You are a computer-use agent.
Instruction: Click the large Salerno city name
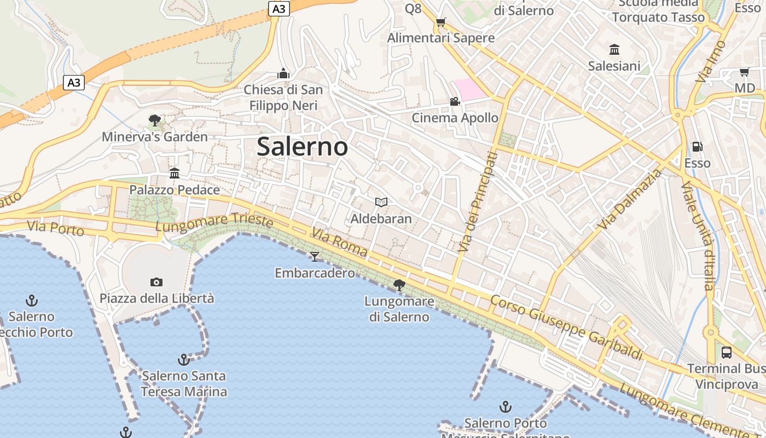(302, 147)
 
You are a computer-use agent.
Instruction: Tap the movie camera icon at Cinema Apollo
(455, 101)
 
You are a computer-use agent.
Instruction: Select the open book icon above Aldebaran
(381, 202)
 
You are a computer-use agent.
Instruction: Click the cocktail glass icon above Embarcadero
(315, 256)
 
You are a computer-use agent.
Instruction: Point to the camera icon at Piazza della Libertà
(156, 282)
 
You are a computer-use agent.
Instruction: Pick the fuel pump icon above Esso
(697, 147)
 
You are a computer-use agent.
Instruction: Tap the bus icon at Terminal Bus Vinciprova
(727, 353)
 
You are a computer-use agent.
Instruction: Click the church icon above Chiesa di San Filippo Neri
(283, 73)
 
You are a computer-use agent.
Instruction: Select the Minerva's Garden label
(155, 137)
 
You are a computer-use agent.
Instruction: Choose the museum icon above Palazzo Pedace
(175, 174)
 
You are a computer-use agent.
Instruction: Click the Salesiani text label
(614, 66)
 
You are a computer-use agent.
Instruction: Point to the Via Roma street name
(340, 243)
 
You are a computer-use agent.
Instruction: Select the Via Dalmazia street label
(630, 200)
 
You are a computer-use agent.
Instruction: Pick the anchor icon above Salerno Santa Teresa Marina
(184, 360)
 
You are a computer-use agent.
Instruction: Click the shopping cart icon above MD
(744, 72)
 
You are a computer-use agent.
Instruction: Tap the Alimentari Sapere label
(441, 38)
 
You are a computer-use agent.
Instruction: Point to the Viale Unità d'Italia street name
(698, 236)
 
